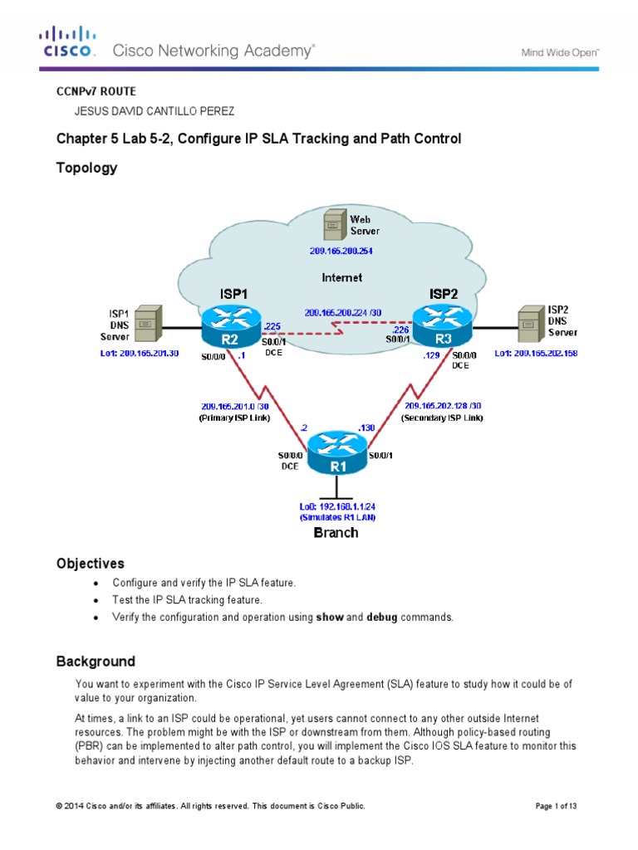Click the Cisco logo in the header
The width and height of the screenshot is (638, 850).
click(69, 42)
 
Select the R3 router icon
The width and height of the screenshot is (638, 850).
click(441, 326)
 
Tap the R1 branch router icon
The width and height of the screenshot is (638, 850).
click(336, 455)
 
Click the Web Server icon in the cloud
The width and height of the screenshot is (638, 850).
click(334, 224)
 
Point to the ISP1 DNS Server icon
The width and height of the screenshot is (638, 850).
click(147, 325)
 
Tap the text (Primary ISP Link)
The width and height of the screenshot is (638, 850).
click(233, 418)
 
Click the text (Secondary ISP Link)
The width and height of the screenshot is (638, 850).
click(441, 418)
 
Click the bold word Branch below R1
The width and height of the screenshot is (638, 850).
click(336, 533)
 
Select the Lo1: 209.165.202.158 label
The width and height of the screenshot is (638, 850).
click(536, 353)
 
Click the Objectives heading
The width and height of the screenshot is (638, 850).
click(90, 564)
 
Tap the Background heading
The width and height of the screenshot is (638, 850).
click(96, 662)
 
